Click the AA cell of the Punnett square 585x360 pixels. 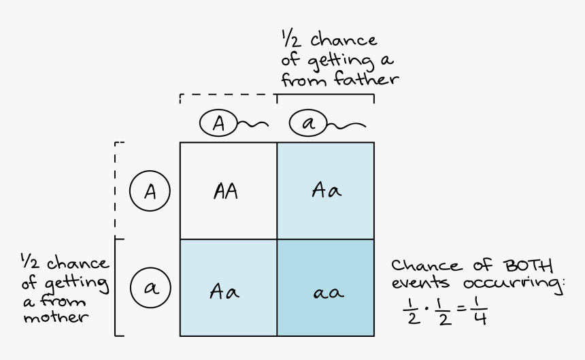(x=228, y=191)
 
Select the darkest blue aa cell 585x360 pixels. (x=325, y=288)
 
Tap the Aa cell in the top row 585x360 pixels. (x=325, y=191)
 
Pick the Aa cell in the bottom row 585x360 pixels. (x=228, y=288)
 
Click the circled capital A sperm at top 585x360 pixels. (x=218, y=123)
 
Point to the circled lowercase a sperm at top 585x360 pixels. (x=307, y=124)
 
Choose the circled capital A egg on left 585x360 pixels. (x=149, y=191)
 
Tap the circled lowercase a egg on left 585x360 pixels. (x=149, y=288)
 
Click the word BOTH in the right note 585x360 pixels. (x=528, y=265)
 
